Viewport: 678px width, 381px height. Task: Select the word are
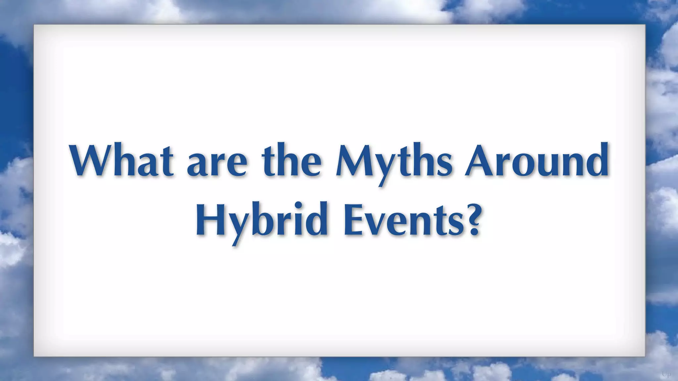pyautogui.click(x=217, y=164)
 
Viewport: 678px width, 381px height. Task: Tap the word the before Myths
pyautogui.click(x=291, y=161)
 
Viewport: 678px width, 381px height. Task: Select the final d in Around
pyautogui.click(x=596, y=161)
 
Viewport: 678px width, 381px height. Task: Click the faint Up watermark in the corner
pyautogui.click(x=666, y=374)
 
